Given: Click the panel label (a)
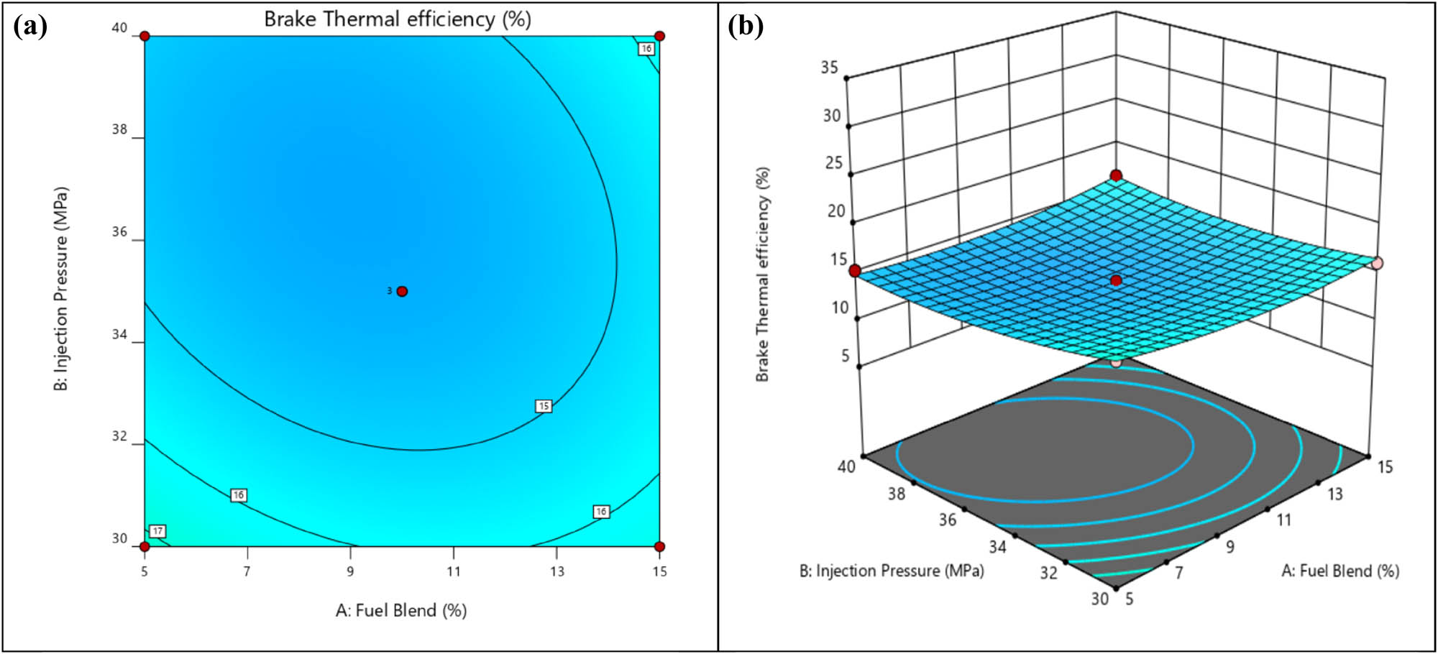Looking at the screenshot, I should tap(30, 27).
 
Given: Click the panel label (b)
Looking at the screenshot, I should tap(745, 27).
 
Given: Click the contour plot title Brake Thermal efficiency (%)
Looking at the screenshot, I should tap(398, 19).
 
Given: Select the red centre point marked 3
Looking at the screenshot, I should tap(402, 291).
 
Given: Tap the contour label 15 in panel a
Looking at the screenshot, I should tap(544, 406).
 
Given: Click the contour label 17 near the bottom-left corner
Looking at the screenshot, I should tap(157, 531).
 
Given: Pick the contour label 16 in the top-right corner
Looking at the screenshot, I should tap(646, 48).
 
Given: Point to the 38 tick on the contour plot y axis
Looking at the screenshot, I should tap(119, 129).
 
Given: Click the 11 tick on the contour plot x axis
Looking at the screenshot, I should tap(453, 571).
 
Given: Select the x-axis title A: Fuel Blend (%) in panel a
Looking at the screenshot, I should tap(401, 610).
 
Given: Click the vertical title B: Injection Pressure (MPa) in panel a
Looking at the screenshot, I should tap(62, 289).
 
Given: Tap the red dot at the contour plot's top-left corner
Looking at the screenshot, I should tap(145, 36).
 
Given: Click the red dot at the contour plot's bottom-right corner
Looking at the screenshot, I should tap(659, 546).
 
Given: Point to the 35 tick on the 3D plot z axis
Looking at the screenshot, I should tap(829, 67).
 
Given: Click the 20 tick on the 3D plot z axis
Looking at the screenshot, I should tap(836, 211).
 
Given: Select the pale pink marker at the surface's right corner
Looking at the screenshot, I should tap(1377, 263).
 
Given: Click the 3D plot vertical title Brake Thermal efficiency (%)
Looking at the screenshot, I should tap(762, 275).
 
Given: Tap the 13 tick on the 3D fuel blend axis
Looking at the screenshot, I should tap(1334, 494).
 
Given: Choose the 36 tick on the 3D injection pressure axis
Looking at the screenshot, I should tap(948, 520).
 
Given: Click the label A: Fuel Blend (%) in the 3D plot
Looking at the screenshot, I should tap(1340, 571).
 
